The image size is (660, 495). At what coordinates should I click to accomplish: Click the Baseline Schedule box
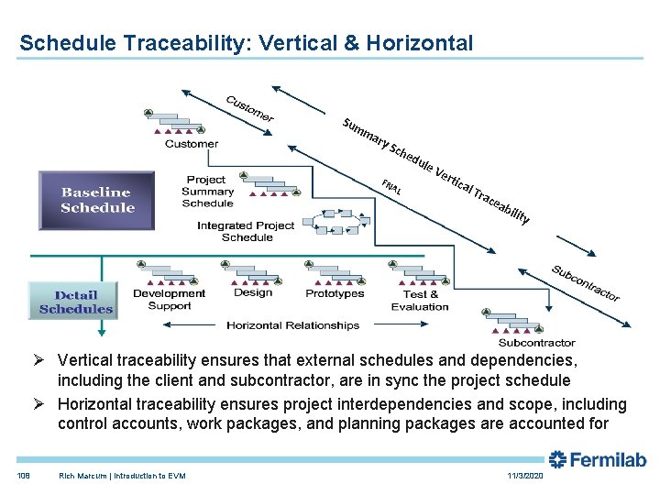pyautogui.click(x=97, y=200)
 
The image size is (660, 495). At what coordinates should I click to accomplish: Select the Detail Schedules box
pyautogui.click(x=75, y=302)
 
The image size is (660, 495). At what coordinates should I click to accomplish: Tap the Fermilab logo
pyautogui.click(x=598, y=459)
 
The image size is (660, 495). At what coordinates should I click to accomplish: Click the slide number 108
pyautogui.click(x=24, y=476)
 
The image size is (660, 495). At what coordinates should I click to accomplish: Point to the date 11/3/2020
pyautogui.click(x=524, y=476)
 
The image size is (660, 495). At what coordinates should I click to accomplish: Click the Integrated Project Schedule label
pyautogui.click(x=247, y=231)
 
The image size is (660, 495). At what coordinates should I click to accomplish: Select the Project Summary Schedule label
pyautogui.click(x=207, y=192)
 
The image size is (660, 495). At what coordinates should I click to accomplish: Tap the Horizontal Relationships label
pyautogui.click(x=292, y=325)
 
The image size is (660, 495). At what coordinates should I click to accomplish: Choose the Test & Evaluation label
pyautogui.click(x=420, y=300)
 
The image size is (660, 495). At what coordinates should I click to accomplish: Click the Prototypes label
pyautogui.click(x=335, y=293)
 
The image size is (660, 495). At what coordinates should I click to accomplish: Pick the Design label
pyautogui.click(x=253, y=292)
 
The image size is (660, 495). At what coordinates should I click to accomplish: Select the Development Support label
pyautogui.click(x=169, y=299)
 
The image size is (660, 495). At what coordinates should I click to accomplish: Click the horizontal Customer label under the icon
pyautogui.click(x=191, y=144)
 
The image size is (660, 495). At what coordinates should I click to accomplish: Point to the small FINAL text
pyautogui.click(x=391, y=187)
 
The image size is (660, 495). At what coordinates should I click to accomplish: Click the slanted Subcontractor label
pyautogui.click(x=586, y=282)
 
